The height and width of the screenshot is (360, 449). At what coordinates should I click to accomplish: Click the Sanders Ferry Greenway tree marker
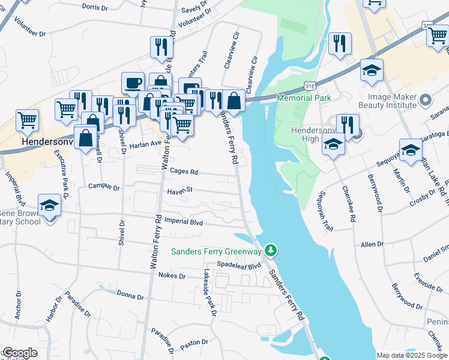click(271, 250)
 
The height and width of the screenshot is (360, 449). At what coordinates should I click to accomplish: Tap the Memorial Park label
click(304, 97)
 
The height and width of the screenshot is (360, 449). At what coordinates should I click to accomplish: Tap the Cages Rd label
click(184, 171)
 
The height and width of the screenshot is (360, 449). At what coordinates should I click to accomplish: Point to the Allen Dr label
click(372, 245)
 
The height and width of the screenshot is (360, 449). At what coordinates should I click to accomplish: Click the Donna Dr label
click(130, 295)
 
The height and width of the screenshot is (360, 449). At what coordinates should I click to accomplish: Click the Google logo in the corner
click(19, 353)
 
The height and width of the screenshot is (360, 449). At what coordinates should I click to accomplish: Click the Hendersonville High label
click(312, 134)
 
